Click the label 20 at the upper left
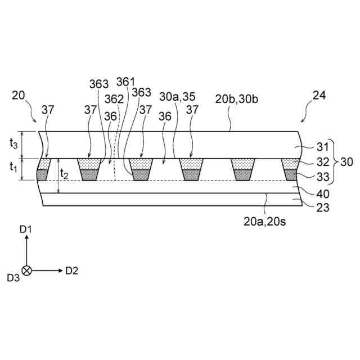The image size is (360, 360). pos(18,95)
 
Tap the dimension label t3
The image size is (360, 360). pos(13,144)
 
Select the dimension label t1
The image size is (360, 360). pos(13,168)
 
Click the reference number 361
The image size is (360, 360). pos(126,82)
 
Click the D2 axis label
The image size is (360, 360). pos(71,271)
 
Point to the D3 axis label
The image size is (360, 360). pos(13,277)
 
